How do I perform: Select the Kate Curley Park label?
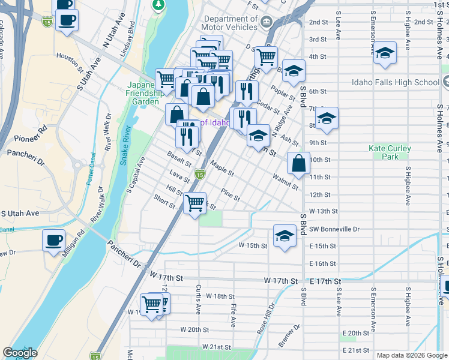point(390,152)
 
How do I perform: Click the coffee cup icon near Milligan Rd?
point(53,241)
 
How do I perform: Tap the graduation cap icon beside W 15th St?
point(285,235)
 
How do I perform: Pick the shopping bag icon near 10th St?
point(298,163)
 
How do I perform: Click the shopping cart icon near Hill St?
point(194,203)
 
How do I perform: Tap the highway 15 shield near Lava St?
point(200,175)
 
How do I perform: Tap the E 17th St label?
point(325,281)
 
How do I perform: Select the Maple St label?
point(222,167)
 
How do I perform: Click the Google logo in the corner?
point(20,353)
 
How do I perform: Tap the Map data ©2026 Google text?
point(411,355)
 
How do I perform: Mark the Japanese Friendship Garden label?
point(144,93)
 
